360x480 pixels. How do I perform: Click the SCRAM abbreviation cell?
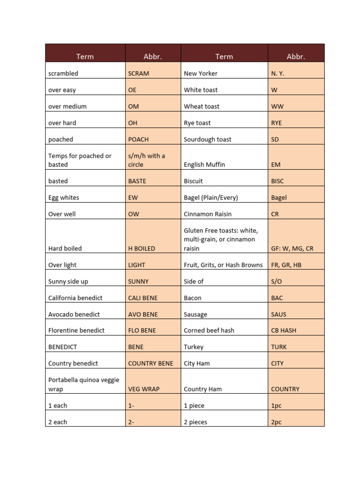pyautogui.click(x=139, y=74)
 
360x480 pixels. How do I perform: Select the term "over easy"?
pyautogui.click(x=62, y=90)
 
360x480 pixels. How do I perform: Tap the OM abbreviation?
pyautogui.click(x=134, y=106)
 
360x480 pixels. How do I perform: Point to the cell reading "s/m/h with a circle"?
pyautogui.click(x=146, y=160)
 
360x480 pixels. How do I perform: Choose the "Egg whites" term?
pyautogui.click(x=64, y=198)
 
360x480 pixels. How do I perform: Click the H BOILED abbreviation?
pyautogui.click(x=142, y=248)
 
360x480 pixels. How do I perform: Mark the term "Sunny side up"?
pyautogui.click(x=68, y=281)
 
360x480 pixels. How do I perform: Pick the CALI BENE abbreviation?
pyautogui.click(x=143, y=298)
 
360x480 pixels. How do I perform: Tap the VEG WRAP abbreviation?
pyautogui.click(x=142, y=389)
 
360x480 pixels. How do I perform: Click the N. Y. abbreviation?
pyautogui.click(x=277, y=74)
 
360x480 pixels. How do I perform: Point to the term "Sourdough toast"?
pyautogui.click(x=208, y=139)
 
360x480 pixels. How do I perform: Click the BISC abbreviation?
pyautogui.click(x=277, y=181)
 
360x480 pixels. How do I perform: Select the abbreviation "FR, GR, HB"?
pyautogui.click(x=286, y=265)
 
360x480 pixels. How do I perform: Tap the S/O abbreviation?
pyautogui.click(x=277, y=281)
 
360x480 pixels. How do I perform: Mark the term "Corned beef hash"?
pyautogui.click(x=209, y=330)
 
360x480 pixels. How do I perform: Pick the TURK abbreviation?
pyautogui.click(x=279, y=347)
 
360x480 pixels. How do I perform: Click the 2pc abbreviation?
pyautogui.click(x=277, y=422)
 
